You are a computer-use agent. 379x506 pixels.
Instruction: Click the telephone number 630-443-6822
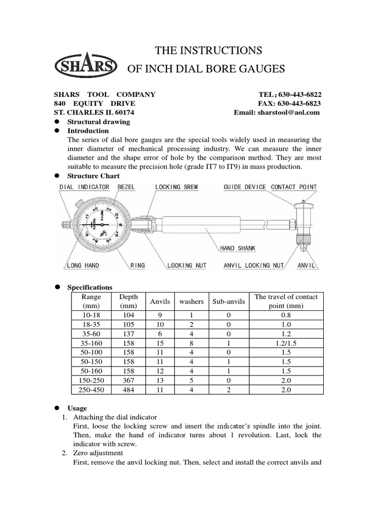[300, 94]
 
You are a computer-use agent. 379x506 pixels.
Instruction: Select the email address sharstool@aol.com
[288, 112]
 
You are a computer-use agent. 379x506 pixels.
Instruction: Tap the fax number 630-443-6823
[300, 103]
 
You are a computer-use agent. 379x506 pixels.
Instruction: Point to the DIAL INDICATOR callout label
[84, 187]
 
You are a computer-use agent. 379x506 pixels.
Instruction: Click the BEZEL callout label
[126, 187]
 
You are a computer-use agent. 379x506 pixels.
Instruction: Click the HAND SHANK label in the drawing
[237, 249]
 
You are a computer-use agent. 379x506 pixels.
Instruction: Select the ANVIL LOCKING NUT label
[254, 265]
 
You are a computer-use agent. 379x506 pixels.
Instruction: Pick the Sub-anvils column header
[228, 301]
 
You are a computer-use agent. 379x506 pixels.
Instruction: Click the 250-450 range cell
[91, 389]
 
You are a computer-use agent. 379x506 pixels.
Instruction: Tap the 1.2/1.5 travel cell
[286, 343]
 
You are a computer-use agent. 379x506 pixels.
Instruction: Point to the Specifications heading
[89, 287]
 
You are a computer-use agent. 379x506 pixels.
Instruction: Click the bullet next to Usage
[57, 408]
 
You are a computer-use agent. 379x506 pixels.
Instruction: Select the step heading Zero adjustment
[98, 453]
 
